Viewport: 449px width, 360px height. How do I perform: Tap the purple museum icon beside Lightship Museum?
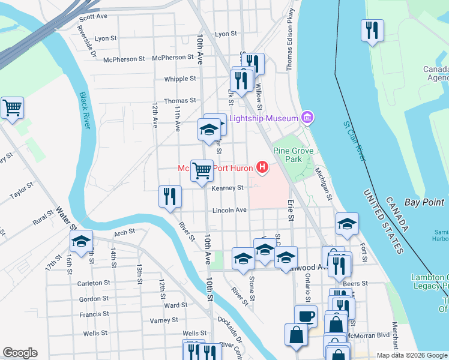pyautogui.click(x=307, y=118)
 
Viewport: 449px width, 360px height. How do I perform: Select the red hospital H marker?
pyautogui.click(x=262, y=167)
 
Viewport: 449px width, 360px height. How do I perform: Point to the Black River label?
pyautogui.click(x=86, y=111)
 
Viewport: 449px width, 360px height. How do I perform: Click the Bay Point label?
pyautogui.click(x=424, y=202)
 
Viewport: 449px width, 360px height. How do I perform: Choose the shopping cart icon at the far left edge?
pyautogui.click(x=12, y=108)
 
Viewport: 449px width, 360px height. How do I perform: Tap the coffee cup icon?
pyautogui.click(x=306, y=316)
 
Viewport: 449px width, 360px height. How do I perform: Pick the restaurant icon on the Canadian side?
pyautogui.click(x=372, y=30)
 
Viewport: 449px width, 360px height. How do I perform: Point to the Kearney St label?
pyautogui.click(x=228, y=188)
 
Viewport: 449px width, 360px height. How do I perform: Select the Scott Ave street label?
pyautogui.click(x=93, y=17)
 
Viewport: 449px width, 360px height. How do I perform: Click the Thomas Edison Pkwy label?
pyautogui.click(x=291, y=40)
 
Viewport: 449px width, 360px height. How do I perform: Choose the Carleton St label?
pyautogui.click(x=94, y=283)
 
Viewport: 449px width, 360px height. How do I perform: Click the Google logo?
pyautogui.click(x=20, y=353)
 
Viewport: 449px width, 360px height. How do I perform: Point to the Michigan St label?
pyautogui.click(x=324, y=184)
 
